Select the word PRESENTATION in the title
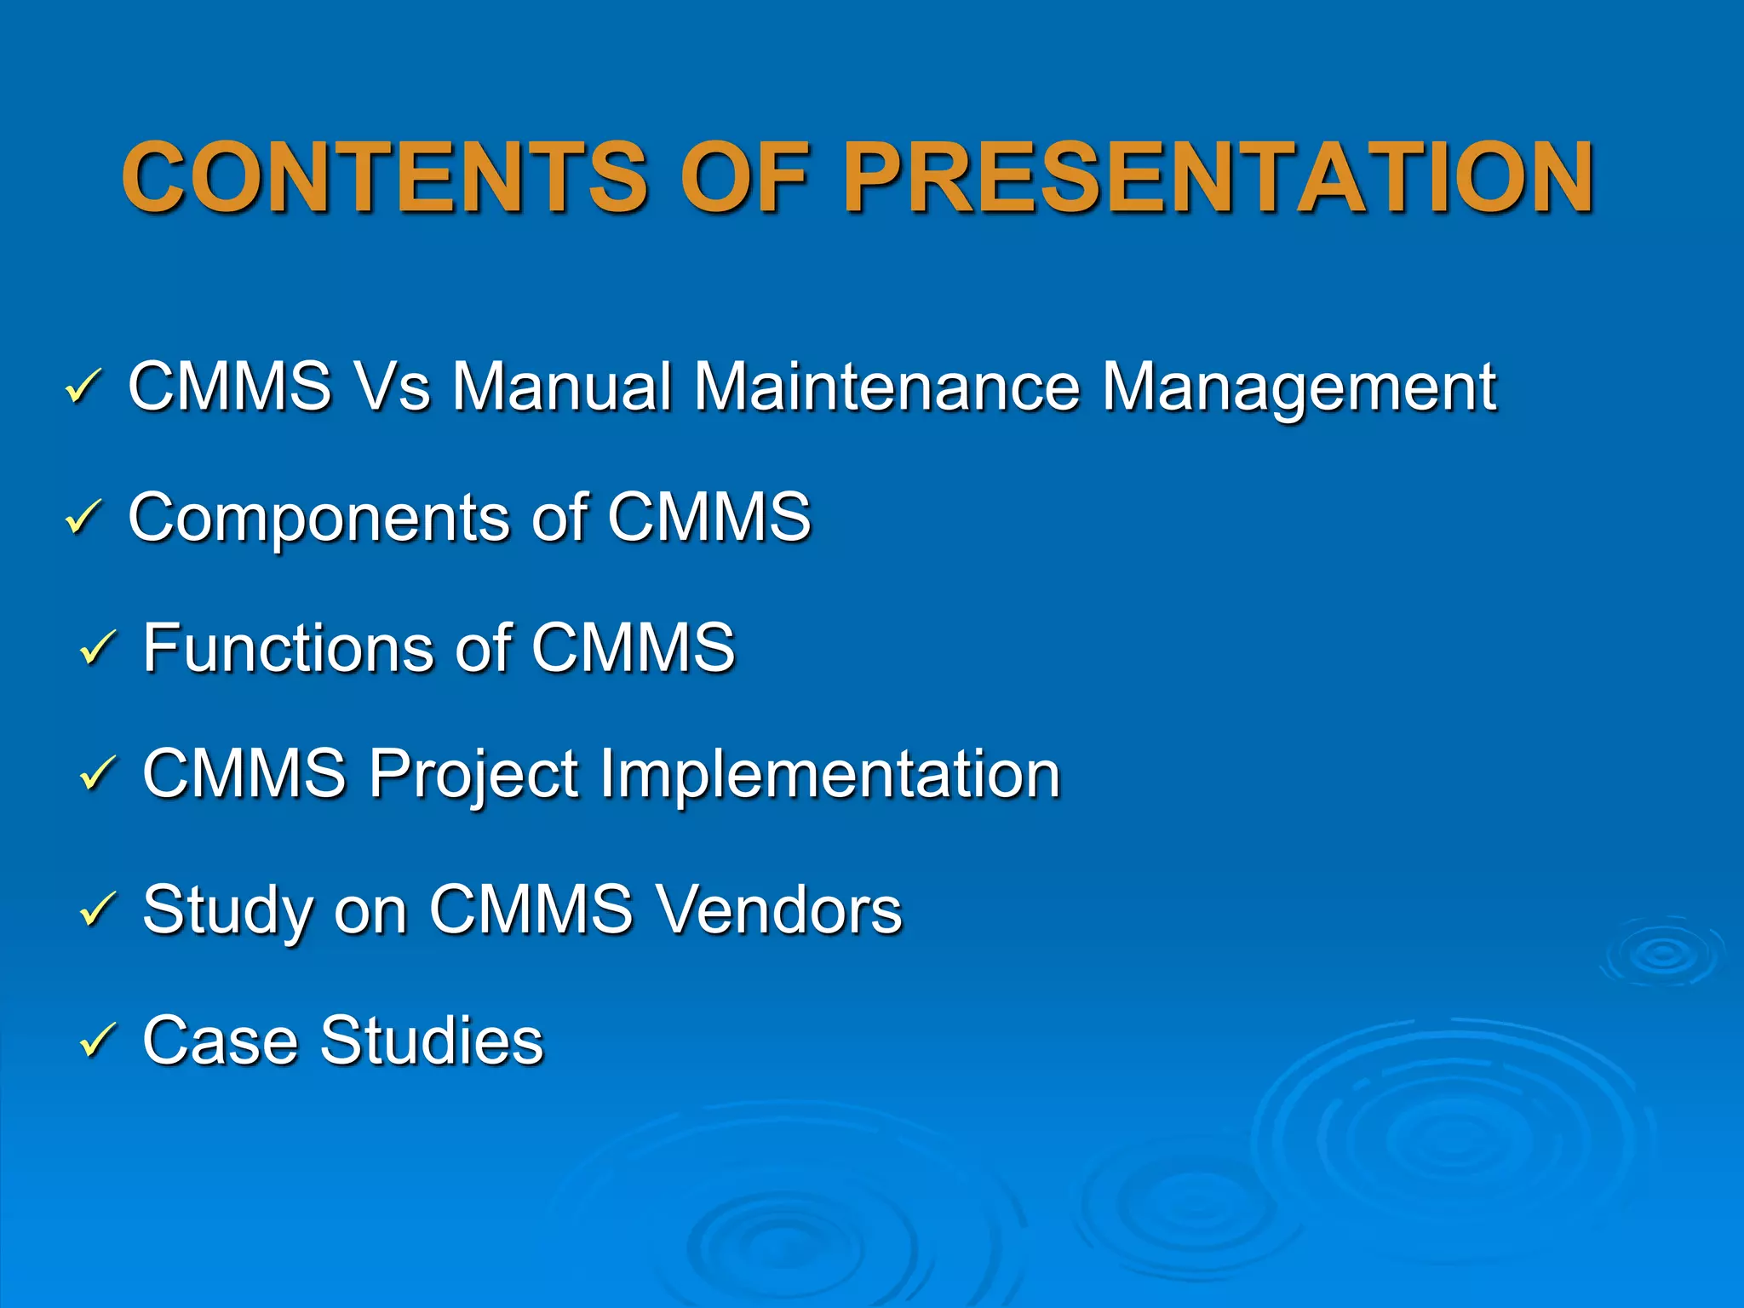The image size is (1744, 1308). point(1218,177)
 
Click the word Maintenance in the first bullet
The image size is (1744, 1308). point(886,387)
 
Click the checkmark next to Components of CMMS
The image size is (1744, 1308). point(83,518)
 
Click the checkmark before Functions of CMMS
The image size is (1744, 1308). point(97,648)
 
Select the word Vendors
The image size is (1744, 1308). point(779,909)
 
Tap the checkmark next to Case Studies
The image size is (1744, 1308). point(97,1041)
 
